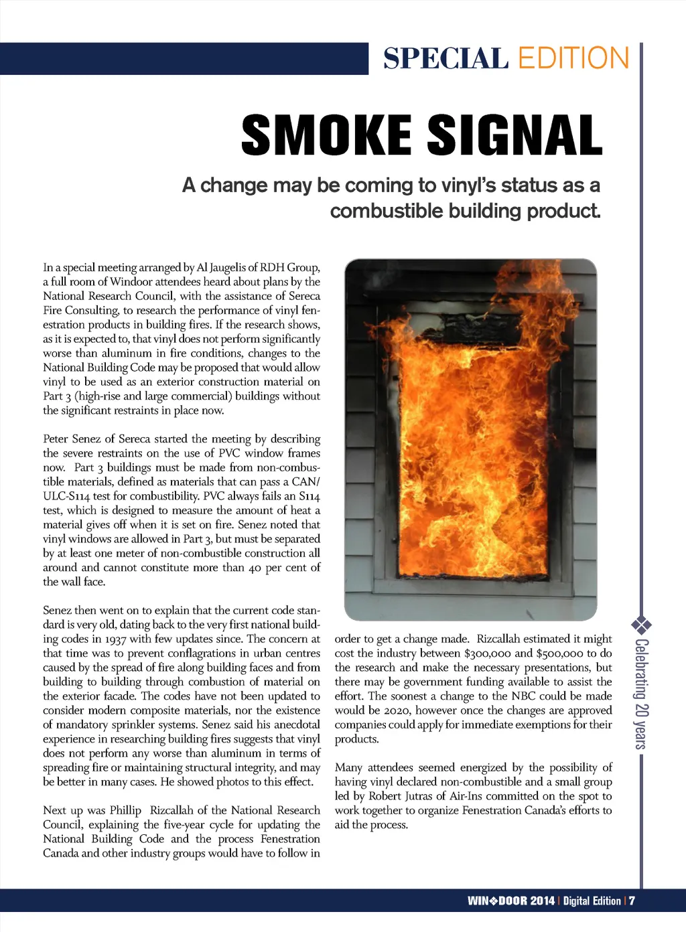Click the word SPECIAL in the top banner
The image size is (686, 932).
coord(445,59)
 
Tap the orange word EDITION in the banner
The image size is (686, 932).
coord(573,59)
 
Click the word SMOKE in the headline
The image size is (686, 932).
coord(326,135)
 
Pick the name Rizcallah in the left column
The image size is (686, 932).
coord(178,810)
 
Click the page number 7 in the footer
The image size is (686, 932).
coord(632,901)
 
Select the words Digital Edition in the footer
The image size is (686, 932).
coord(592,901)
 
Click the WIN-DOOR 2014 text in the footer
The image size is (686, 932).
coord(511,901)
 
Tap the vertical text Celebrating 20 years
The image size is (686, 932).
coord(641,694)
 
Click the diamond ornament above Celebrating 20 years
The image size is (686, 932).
coord(641,626)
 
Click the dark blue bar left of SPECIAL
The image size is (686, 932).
coord(184,59)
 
